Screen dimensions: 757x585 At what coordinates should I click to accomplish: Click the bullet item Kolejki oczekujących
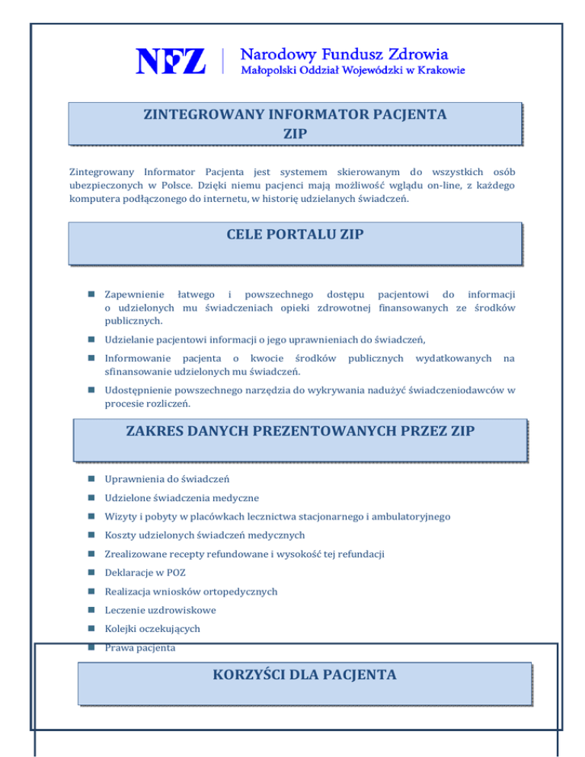152,629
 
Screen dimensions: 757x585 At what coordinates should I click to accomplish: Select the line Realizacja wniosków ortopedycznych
180,592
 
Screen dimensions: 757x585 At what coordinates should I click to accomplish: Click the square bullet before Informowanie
91,358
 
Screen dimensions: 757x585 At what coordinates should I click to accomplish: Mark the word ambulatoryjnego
414,516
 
